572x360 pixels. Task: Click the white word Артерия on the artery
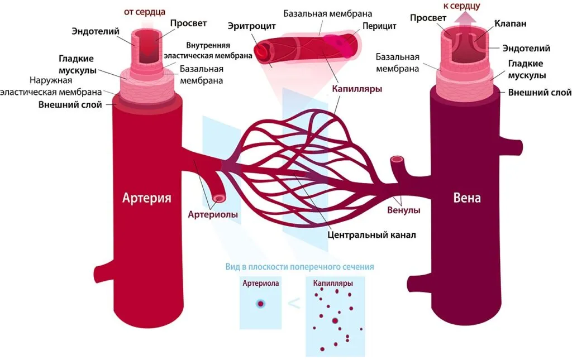[x=147, y=198]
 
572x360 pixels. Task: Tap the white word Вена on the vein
[x=467, y=198]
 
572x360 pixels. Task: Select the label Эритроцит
[x=252, y=27]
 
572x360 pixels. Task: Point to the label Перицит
[x=379, y=26]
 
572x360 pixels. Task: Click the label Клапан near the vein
[x=511, y=23]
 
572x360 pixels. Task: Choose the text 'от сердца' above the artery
[x=145, y=12]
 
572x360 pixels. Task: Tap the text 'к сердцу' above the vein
[x=461, y=6]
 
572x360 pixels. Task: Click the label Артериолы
[x=213, y=215]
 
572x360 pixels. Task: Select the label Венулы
[x=404, y=210]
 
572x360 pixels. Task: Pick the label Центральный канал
[x=371, y=235]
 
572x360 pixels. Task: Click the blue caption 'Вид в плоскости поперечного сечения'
[x=299, y=267]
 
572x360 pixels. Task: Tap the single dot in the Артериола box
[x=260, y=304]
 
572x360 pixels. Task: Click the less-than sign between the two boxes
[x=294, y=303]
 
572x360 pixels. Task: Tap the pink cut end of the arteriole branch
[x=219, y=198]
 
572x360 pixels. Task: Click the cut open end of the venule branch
[x=397, y=159]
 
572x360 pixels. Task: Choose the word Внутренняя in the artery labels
[x=208, y=46]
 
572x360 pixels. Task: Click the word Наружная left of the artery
[x=51, y=80]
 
